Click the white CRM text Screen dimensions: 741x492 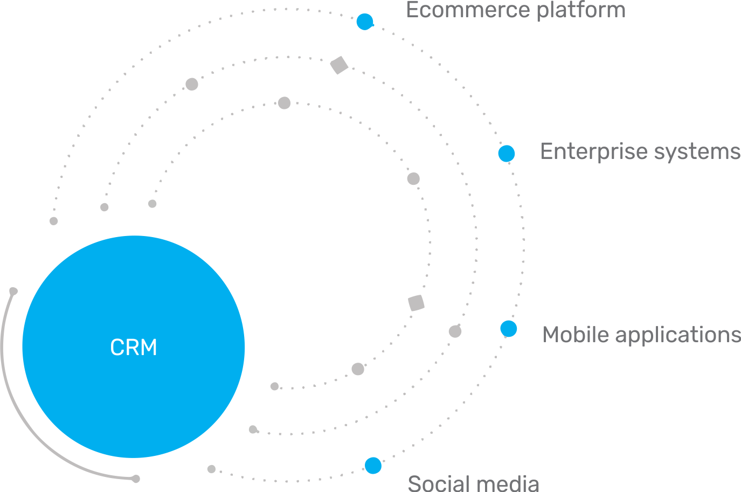[x=134, y=347]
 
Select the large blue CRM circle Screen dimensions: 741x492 [x=134, y=347]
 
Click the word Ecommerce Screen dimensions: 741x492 [x=468, y=10]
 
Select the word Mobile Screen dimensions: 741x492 [x=576, y=335]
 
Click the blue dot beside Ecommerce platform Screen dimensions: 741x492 [x=365, y=22]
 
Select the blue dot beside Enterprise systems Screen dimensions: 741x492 [x=507, y=154]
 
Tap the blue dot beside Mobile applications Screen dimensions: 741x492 [x=509, y=329]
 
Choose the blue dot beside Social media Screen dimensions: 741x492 [x=373, y=466]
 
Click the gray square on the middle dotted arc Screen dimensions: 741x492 [x=339, y=65]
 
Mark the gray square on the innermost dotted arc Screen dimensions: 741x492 [x=416, y=303]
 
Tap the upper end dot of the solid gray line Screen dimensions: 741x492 [x=13, y=291]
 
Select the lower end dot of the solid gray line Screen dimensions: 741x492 [x=136, y=479]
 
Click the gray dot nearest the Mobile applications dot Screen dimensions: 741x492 [x=455, y=331]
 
